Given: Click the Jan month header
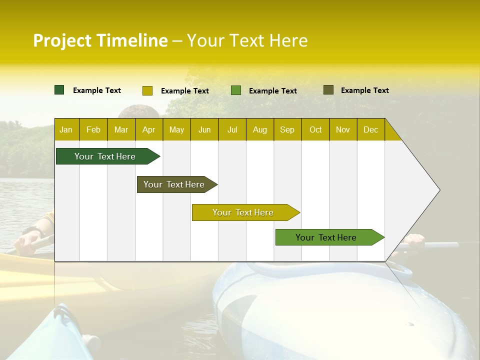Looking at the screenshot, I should point(66,129).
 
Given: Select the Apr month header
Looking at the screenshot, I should point(149,129).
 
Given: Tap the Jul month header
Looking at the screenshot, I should point(232,129).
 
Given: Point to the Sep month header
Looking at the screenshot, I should point(287,129).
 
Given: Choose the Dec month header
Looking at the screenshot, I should point(370,129).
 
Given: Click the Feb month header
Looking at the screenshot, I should point(93,129).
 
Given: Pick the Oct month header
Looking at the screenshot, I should point(315,129).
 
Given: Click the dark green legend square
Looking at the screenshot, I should point(59,90).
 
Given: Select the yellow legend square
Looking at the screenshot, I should point(147,90).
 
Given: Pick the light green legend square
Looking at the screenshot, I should point(236,90).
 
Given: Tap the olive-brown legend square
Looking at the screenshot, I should point(328,90).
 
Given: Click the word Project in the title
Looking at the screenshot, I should point(62,40).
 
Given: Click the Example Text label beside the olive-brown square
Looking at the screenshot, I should point(364,90).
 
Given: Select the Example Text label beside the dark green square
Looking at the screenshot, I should point(96,90).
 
